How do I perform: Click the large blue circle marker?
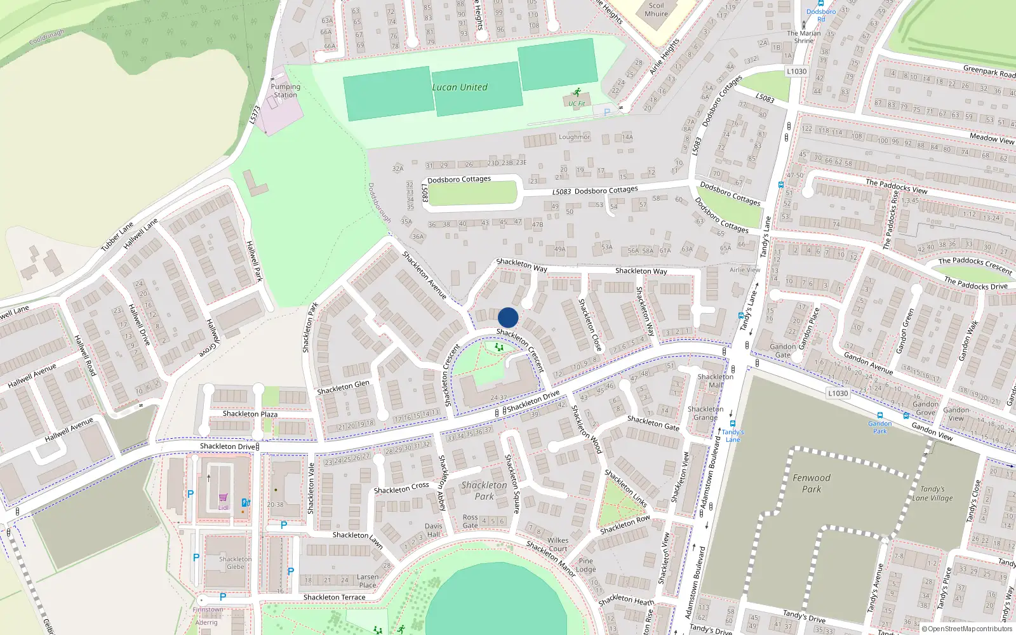tap(508, 317)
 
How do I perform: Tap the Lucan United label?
tap(460, 88)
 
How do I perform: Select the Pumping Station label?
tap(285, 91)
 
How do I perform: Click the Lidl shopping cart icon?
tap(223, 498)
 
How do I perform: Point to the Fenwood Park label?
tap(812, 483)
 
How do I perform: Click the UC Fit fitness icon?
tap(577, 93)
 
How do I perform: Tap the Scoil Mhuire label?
tap(656, 10)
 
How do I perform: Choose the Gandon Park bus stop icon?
tap(880, 416)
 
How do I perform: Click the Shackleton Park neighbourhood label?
tap(485, 490)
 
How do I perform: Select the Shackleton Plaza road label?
tap(250, 414)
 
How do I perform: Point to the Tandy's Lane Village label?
tap(932, 493)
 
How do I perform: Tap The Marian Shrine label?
tap(804, 37)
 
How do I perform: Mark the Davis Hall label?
tap(434, 530)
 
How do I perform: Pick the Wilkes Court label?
tap(558, 544)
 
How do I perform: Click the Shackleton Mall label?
tap(716, 380)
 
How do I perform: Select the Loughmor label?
tap(574, 137)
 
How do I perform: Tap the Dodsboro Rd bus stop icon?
tap(821, 4)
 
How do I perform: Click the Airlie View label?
tap(745, 270)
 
